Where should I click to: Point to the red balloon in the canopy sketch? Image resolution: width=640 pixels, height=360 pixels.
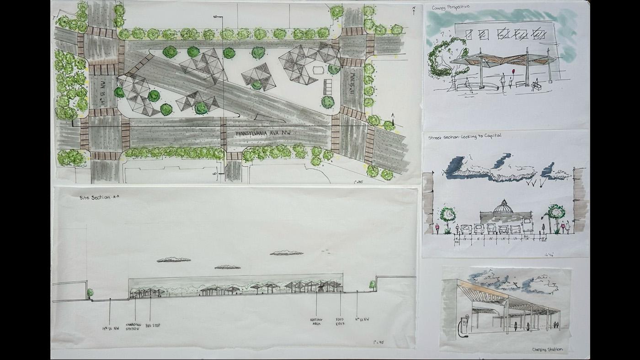click(x=513, y=72)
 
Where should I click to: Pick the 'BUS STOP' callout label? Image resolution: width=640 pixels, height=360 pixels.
click(x=153, y=326)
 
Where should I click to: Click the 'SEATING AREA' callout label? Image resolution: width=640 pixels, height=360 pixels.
click(x=316, y=322)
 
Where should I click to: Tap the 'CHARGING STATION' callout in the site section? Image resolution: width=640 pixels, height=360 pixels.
click(x=133, y=327)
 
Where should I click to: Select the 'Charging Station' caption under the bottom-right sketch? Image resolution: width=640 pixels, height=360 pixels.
click(x=547, y=349)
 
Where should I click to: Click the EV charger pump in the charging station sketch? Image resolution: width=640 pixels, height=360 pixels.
click(x=464, y=325)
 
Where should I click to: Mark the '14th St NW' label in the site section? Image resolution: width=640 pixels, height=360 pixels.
click(x=110, y=328)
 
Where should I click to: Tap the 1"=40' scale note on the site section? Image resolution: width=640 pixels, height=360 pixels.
click(x=378, y=341)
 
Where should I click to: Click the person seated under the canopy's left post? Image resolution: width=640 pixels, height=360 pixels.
click(x=467, y=84)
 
